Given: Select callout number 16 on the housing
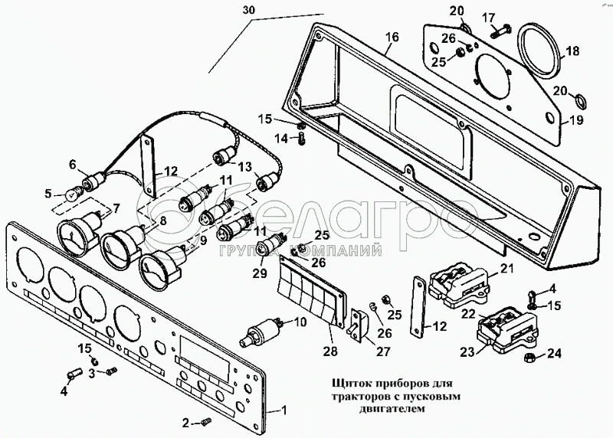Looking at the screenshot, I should (x=392, y=37).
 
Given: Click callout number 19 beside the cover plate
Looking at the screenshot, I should (x=575, y=119).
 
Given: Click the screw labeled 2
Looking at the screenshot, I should (x=205, y=422).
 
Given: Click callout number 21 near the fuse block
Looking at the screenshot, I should (x=506, y=268).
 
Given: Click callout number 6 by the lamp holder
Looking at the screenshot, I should (x=73, y=164).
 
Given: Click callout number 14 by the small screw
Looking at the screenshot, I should (x=281, y=138).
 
